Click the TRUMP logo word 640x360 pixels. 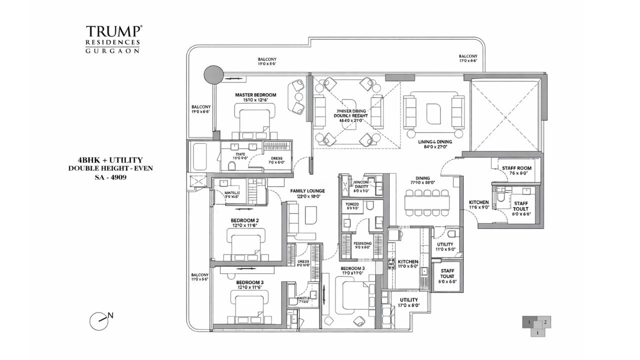(x=112, y=31)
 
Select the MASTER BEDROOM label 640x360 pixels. (x=255, y=95)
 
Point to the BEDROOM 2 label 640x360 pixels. (x=244, y=220)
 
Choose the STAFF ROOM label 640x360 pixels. (x=516, y=168)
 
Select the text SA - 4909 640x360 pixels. (x=110, y=176)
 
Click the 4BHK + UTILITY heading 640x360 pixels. (x=110, y=159)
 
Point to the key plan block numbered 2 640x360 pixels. (x=545, y=322)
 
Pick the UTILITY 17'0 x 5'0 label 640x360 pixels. (x=409, y=300)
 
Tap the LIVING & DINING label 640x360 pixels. (x=435, y=142)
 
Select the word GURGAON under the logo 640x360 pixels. (x=112, y=50)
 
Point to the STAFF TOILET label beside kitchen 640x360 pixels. (x=447, y=276)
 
